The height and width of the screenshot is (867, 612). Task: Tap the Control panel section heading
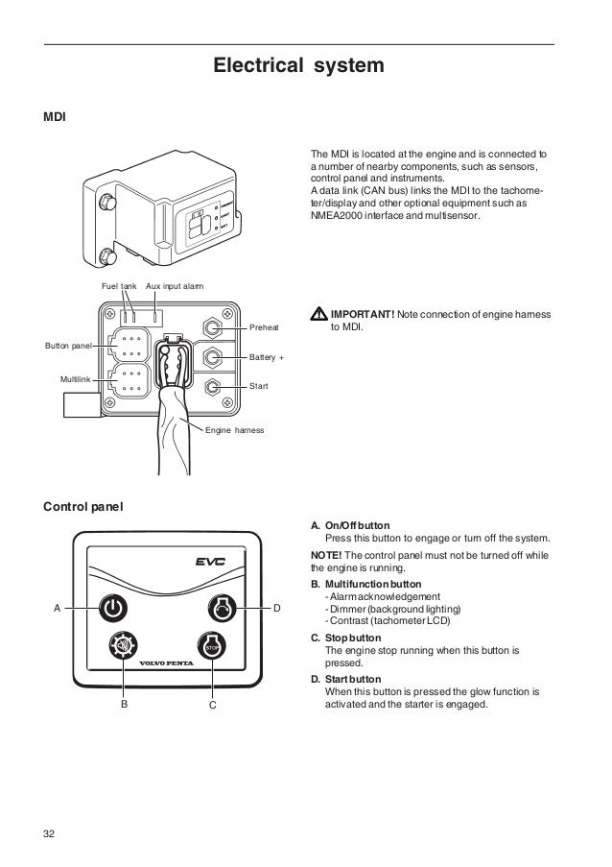[x=83, y=505]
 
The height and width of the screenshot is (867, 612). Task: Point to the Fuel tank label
[x=120, y=287]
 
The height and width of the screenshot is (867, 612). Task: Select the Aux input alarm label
[x=174, y=287]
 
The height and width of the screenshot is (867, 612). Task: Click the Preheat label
[x=264, y=328]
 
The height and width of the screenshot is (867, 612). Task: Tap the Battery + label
[x=267, y=357]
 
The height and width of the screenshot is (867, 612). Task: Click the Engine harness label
[x=235, y=429]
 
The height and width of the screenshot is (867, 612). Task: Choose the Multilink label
[x=77, y=381]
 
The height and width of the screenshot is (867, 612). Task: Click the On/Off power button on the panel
[x=112, y=608]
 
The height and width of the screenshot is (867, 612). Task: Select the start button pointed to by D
[x=221, y=608]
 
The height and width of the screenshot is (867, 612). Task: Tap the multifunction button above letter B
[x=124, y=645]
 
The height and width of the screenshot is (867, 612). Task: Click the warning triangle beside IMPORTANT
[x=320, y=315]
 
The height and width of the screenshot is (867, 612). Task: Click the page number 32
[x=50, y=831]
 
